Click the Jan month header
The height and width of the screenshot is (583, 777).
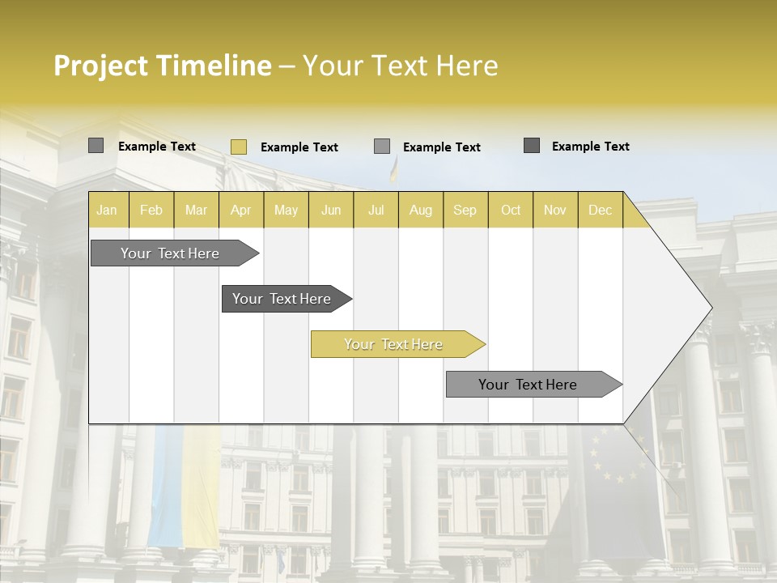tap(107, 210)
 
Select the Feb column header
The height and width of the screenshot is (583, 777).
tap(151, 210)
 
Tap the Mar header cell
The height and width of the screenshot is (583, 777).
tap(196, 210)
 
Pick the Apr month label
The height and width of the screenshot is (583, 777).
tap(241, 210)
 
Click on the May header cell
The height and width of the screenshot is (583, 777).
tap(286, 210)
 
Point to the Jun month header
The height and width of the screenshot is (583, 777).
tap(331, 210)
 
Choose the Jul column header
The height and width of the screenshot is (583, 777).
tap(376, 210)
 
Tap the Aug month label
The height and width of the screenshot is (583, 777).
tap(421, 210)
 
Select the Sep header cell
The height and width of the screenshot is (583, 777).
tap(465, 210)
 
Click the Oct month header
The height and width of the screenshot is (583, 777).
tap(511, 210)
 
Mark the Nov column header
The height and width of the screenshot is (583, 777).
tap(555, 210)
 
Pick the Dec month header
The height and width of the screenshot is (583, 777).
tap(600, 210)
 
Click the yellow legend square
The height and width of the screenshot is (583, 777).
tap(238, 147)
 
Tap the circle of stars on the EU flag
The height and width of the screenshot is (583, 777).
tap(619, 453)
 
